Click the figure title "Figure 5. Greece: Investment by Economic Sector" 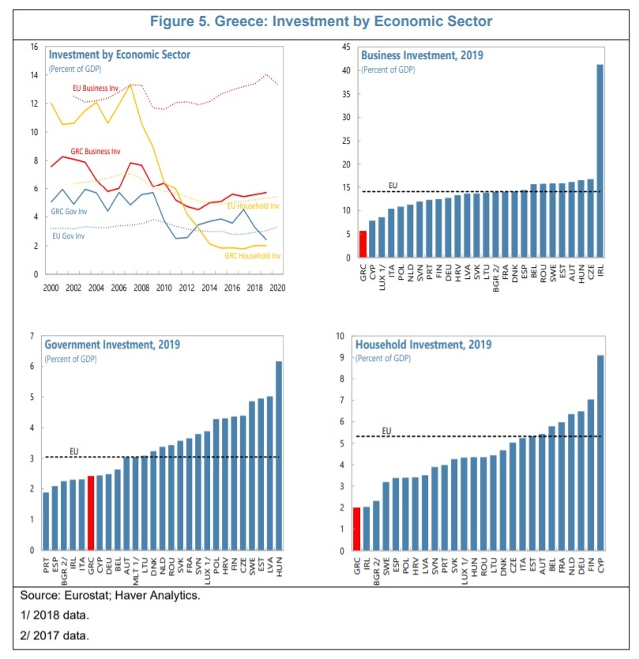pos(318,21)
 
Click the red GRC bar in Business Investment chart pos(363,243)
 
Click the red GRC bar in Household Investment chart pos(357,529)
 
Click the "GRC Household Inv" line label pos(254,255)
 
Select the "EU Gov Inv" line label pos(70,235)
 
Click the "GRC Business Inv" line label pos(96,151)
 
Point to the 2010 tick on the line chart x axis pos(164,288)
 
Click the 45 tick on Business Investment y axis pos(345,47)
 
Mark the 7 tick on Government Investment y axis pos(32,337)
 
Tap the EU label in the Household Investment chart pos(387,431)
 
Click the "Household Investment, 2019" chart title pos(423,345)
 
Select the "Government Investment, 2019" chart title pos(112,345)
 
